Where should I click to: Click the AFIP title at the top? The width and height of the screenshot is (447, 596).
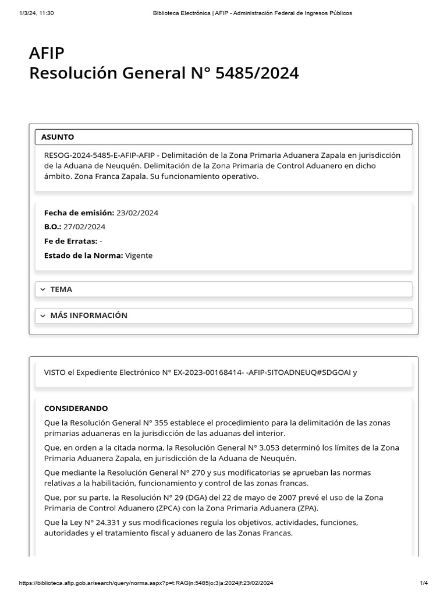(x=47, y=54)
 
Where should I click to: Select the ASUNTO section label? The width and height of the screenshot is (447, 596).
(x=58, y=137)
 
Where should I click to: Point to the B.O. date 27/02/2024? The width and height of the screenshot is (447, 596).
(x=84, y=226)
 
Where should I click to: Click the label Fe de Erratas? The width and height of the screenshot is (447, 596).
(x=70, y=241)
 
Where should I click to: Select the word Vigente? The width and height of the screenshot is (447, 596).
(x=139, y=255)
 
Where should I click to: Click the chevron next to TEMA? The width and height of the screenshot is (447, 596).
(x=43, y=289)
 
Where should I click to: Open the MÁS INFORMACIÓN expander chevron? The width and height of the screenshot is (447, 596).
(x=43, y=315)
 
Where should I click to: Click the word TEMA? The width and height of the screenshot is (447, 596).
(x=61, y=289)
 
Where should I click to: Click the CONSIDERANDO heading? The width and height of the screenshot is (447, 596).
(x=76, y=408)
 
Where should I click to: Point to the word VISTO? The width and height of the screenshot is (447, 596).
(x=55, y=372)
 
